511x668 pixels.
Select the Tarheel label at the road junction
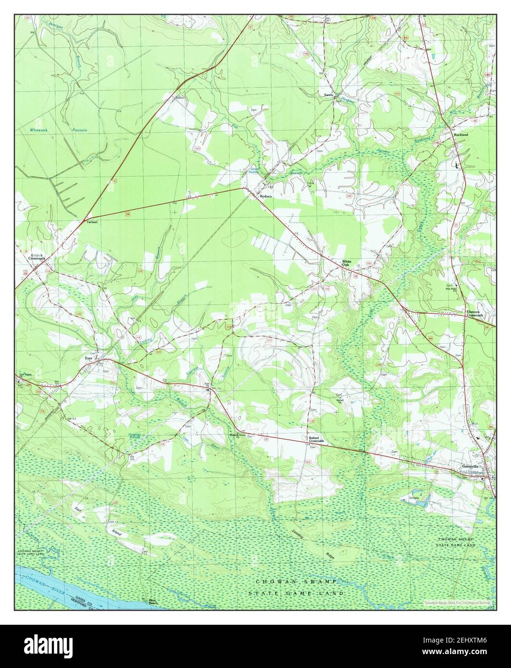tap(91, 223)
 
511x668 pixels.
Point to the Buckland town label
tap(461, 136)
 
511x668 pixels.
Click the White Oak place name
tap(347, 263)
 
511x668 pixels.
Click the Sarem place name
tap(328, 95)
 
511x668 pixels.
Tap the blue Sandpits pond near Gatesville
tap(421, 503)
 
